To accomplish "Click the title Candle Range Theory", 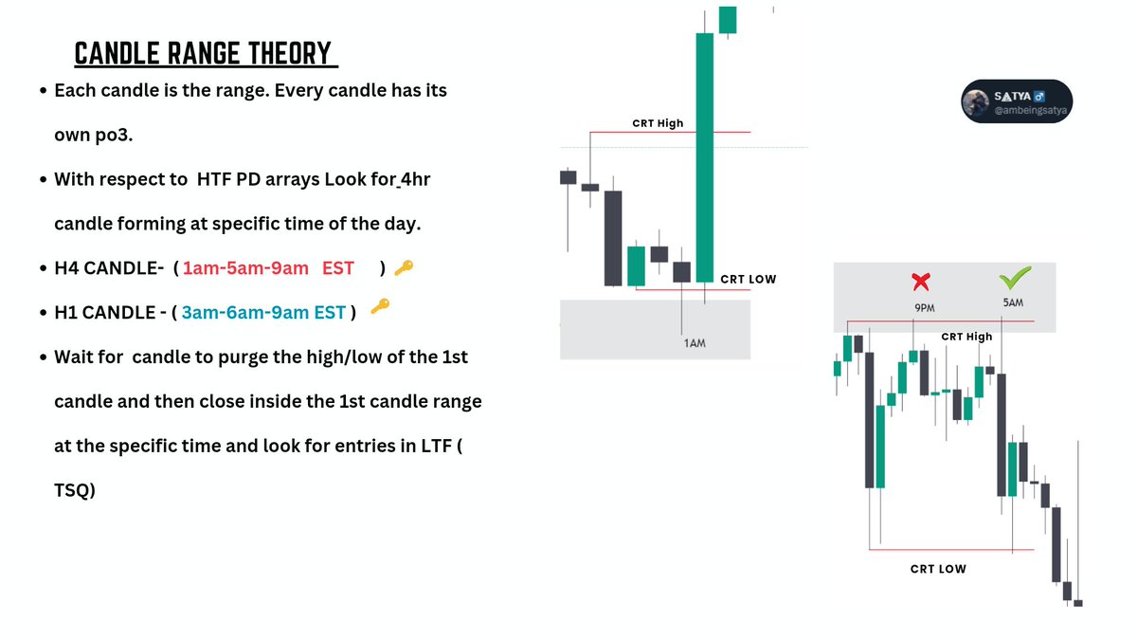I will (x=206, y=54).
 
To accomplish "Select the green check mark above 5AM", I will (x=1015, y=279).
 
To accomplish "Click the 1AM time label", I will (x=694, y=342).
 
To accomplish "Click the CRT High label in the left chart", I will (x=658, y=123).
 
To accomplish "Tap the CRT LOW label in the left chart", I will (x=748, y=279).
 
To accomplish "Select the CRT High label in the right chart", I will (x=966, y=337).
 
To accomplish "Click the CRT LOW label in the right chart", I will (x=938, y=568).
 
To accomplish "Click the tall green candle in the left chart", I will (x=704, y=156).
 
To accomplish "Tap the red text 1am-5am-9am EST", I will (x=268, y=268).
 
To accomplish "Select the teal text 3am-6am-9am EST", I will (x=263, y=312).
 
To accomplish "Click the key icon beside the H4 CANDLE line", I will (x=403, y=269).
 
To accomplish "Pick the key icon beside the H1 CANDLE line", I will (x=380, y=306).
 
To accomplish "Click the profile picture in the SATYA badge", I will (x=977, y=102).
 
